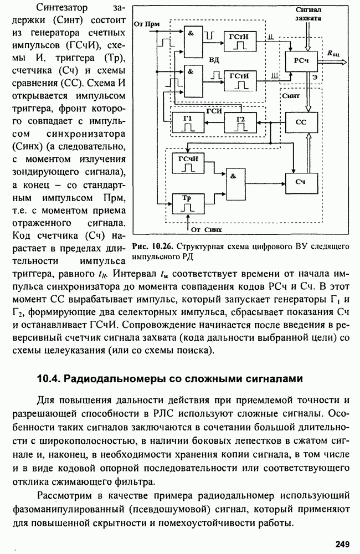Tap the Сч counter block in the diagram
(x=301, y=182)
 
